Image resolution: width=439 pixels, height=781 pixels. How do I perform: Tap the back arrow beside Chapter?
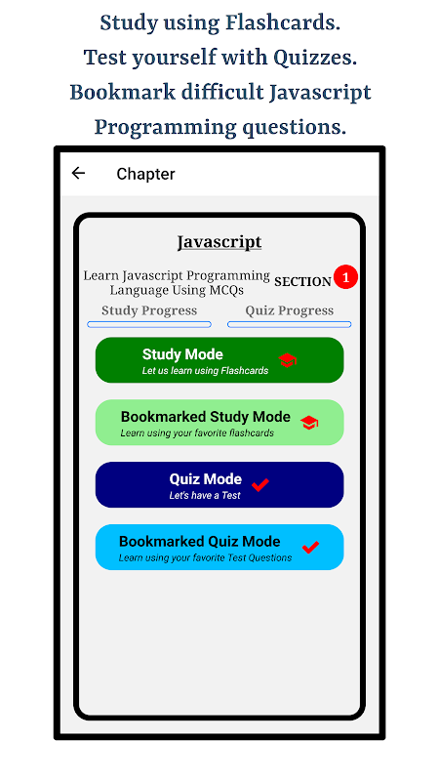click(78, 173)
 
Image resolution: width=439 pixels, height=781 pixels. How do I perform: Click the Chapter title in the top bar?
click(145, 174)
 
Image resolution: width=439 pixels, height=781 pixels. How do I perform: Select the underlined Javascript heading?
click(219, 242)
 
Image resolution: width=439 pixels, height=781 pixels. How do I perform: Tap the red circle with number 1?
click(346, 277)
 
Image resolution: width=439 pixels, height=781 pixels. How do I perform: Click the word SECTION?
click(302, 281)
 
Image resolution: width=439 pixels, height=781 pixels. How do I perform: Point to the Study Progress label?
click(149, 310)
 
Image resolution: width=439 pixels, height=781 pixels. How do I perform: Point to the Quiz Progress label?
click(289, 310)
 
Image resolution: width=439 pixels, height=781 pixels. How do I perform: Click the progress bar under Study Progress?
click(149, 324)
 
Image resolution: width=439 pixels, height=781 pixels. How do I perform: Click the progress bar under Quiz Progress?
click(289, 324)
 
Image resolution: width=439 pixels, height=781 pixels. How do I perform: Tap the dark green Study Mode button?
click(219, 360)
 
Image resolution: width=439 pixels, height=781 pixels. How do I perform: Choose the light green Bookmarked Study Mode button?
click(219, 423)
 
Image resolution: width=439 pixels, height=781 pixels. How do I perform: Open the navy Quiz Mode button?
click(219, 484)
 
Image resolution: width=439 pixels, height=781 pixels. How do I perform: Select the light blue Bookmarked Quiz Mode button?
click(219, 547)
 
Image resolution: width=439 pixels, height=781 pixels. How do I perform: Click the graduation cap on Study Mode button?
click(288, 360)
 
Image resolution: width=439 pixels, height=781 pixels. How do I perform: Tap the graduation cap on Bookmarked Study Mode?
click(309, 423)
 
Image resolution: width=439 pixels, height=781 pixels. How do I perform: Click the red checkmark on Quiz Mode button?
click(260, 484)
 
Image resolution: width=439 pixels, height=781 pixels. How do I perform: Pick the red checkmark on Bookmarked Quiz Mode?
click(310, 547)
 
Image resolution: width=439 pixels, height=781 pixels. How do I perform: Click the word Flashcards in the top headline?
click(283, 22)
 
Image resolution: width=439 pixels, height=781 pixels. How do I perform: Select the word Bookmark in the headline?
click(123, 93)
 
